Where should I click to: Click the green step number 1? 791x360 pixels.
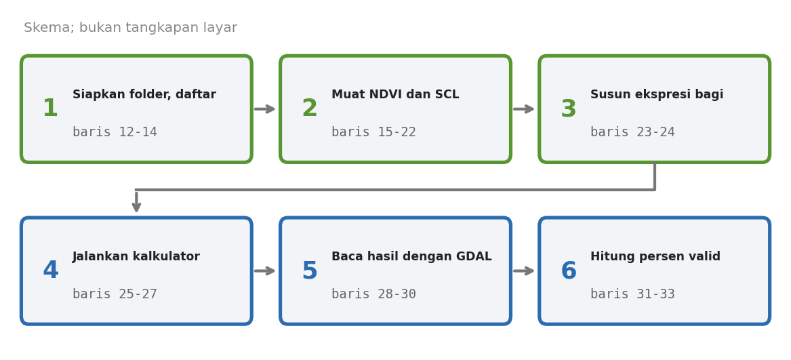50,108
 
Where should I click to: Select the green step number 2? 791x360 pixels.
309,108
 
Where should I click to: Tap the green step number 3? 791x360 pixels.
569,109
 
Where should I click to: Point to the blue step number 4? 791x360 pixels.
50,271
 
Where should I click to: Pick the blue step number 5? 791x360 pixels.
309,271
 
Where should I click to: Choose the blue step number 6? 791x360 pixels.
569,271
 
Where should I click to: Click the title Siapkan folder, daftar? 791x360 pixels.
144,95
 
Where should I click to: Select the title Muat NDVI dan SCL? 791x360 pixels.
395,94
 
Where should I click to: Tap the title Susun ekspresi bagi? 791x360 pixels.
657,95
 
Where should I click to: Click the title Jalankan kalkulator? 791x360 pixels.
136,256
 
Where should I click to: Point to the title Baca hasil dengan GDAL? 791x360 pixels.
411,257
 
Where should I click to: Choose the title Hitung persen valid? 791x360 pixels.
655,257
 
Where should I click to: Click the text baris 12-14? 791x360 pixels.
115,132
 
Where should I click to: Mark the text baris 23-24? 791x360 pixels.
632,132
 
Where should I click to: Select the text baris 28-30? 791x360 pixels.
373,294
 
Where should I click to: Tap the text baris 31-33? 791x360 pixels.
632,294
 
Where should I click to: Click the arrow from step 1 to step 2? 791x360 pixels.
265,109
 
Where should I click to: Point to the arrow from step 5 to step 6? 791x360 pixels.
524,271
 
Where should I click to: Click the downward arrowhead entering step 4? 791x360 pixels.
136,207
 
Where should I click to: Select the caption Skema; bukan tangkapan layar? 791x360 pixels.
131,28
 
